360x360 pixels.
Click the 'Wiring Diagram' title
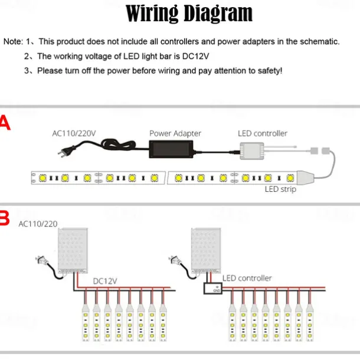pos(189,14)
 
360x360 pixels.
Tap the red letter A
pos(5,123)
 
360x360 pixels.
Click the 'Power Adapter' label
pos(175,133)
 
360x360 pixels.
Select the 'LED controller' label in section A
pos(263,133)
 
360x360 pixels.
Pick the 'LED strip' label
pos(280,189)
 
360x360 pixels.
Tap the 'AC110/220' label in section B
pos(38,224)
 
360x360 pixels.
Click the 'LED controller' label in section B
pos(247,278)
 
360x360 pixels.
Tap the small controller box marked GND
pos(213,289)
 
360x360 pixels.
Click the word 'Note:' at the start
pos(13,41)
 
